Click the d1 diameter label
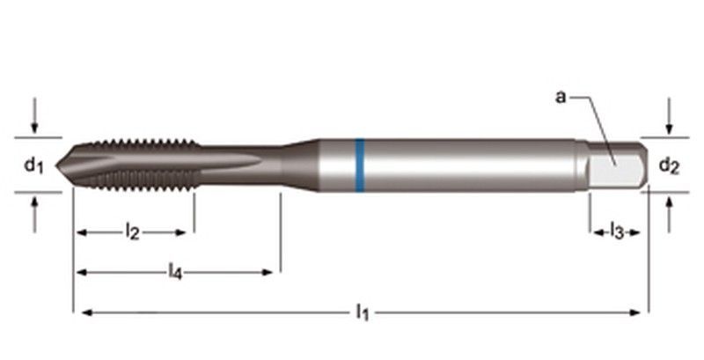pyautogui.click(x=33, y=165)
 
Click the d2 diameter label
pyautogui.click(x=669, y=165)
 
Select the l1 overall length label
pyautogui.click(x=361, y=311)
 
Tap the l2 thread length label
pyautogui.click(x=132, y=232)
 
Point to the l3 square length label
pyautogui.click(x=617, y=232)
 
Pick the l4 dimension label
pyautogui.click(x=175, y=272)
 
